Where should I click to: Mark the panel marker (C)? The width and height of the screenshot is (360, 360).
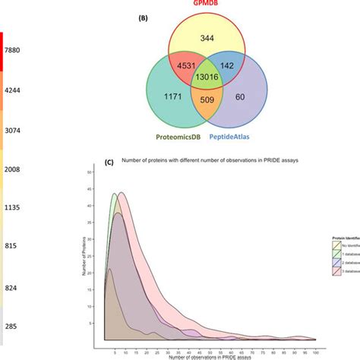(109, 163)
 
